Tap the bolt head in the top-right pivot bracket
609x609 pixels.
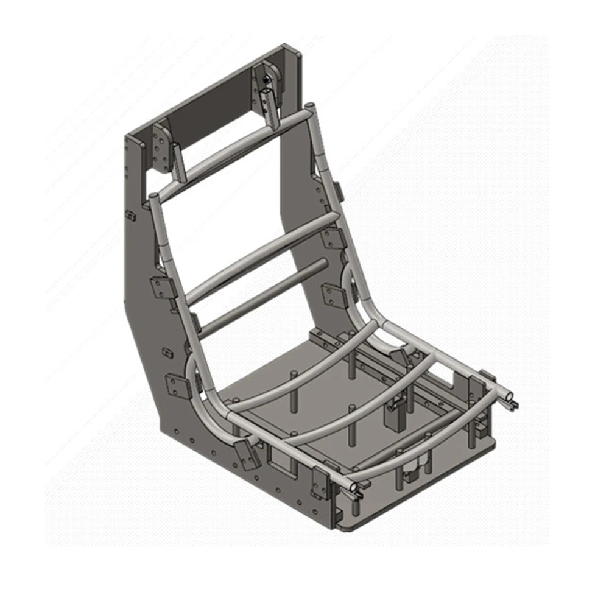coord(266,79)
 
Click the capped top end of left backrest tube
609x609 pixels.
coord(153,197)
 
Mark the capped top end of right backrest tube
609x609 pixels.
coord(309,108)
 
